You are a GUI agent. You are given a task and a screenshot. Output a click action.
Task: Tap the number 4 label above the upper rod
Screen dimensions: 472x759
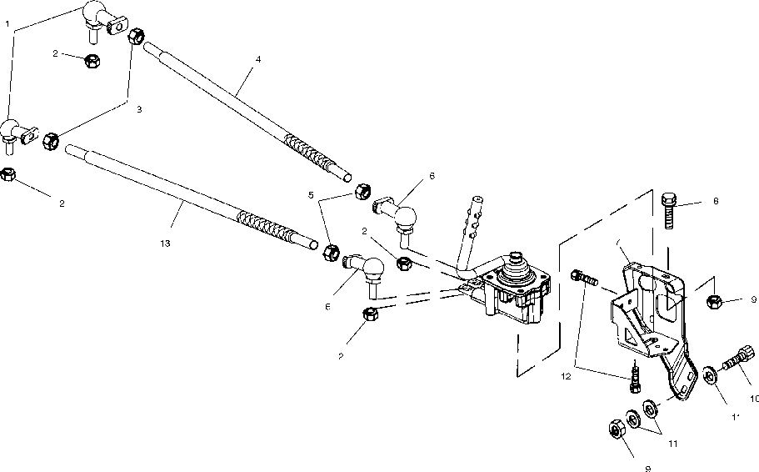258,61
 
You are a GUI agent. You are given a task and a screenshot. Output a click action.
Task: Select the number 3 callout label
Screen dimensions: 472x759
127,108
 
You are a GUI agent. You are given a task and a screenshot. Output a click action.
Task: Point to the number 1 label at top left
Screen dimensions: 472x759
8,25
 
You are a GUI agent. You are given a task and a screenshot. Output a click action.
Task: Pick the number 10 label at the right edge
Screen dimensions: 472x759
752,399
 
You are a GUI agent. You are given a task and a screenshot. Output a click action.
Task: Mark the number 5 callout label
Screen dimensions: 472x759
311,196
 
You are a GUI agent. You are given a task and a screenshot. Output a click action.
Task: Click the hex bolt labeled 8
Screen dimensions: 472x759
668,210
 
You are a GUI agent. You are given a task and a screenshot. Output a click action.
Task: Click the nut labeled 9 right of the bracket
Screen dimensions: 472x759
713,301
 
